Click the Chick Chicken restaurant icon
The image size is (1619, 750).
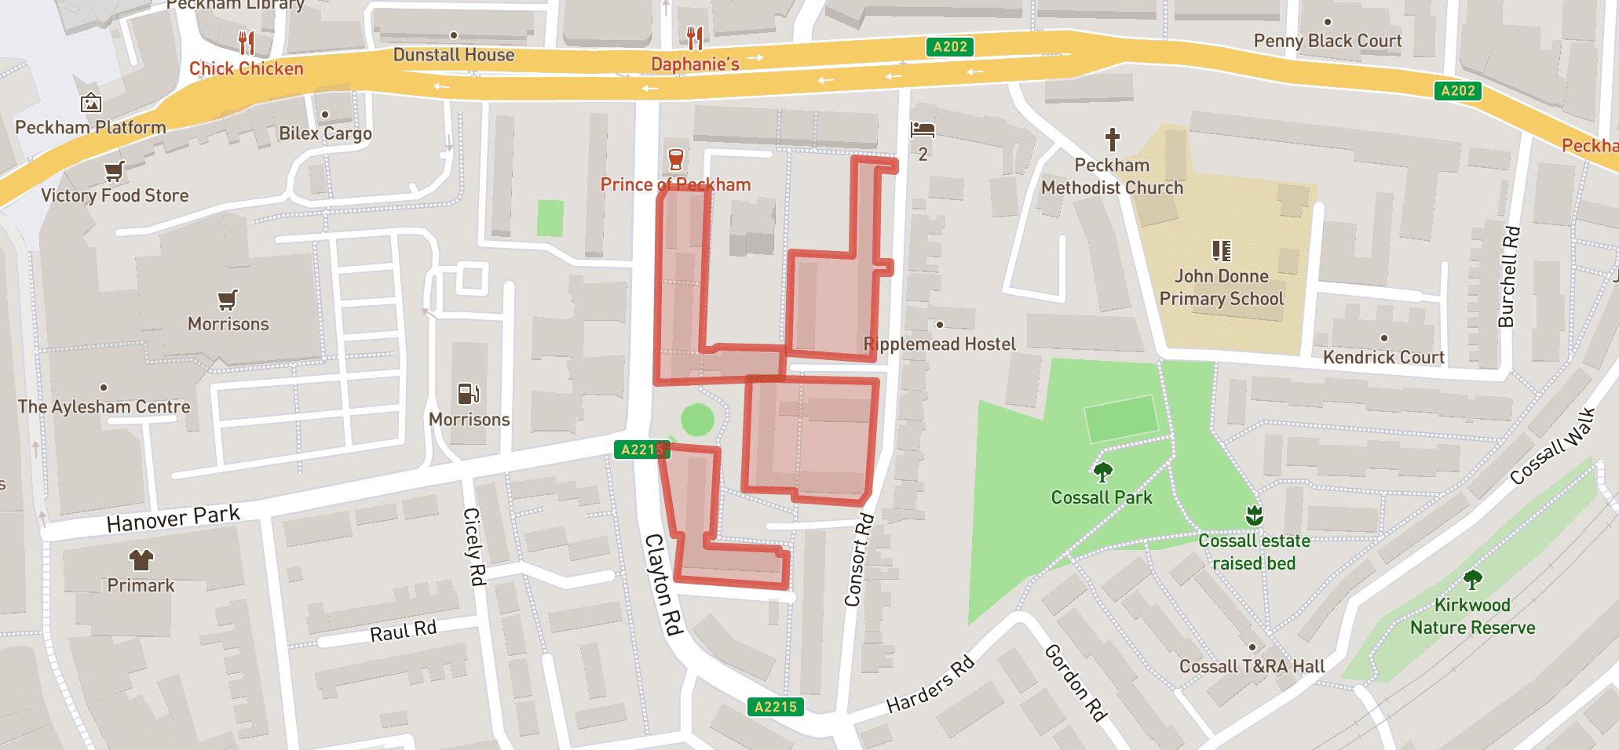pyautogui.click(x=247, y=42)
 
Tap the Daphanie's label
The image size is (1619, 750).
pyautogui.click(x=695, y=64)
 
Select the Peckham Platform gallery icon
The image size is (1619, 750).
pyautogui.click(x=91, y=103)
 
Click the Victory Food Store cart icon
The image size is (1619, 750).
pyautogui.click(x=115, y=170)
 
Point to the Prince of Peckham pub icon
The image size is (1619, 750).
pyautogui.click(x=675, y=159)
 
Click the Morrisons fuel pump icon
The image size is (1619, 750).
pyautogui.click(x=468, y=393)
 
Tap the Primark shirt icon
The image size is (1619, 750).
pyautogui.click(x=141, y=559)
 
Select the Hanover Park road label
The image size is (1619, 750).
pyautogui.click(x=173, y=519)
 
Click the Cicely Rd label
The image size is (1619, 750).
pyautogui.click(x=474, y=546)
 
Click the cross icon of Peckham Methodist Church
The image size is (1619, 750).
pyautogui.click(x=1112, y=140)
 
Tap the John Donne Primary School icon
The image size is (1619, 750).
pyautogui.click(x=1221, y=251)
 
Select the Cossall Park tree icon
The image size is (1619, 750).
pyautogui.click(x=1102, y=471)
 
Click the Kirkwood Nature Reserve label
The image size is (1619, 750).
pyautogui.click(x=1472, y=616)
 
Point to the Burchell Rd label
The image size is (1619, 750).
pyautogui.click(x=1508, y=276)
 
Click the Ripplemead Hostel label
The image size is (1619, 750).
pyautogui.click(x=940, y=344)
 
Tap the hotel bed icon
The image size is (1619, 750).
pyautogui.click(x=923, y=129)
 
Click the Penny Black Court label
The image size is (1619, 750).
pyautogui.click(x=1327, y=41)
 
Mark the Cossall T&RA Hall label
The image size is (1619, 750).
pyautogui.click(x=1252, y=666)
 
